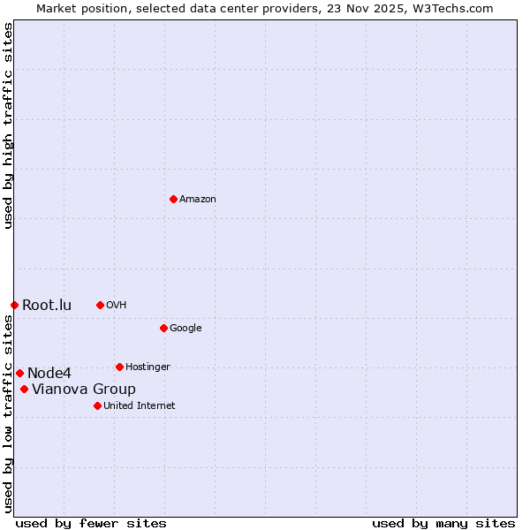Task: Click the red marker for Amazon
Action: [x=173, y=199]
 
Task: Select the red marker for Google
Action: [x=163, y=328]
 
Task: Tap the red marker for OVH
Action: [x=100, y=305]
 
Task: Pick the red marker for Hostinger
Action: [x=119, y=367]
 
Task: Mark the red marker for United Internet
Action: [x=97, y=405]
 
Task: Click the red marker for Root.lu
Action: [x=14, y=305]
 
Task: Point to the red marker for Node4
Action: [x=19, y=373]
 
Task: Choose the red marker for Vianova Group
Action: [x=24, y=389]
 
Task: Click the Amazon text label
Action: [x=198, y=200]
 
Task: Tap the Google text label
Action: [x=185, y=329]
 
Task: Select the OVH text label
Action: [x=117, y=306]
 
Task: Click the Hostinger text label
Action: [x=148, y=367]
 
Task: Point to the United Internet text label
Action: [x=139, y=406]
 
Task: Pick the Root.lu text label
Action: [x=47, y=306]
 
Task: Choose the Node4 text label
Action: [x=49, y=374]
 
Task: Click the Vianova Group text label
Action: [x=84, y=390]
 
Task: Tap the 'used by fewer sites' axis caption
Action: [x=91, y=523]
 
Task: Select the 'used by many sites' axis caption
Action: [x=443, y=523]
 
